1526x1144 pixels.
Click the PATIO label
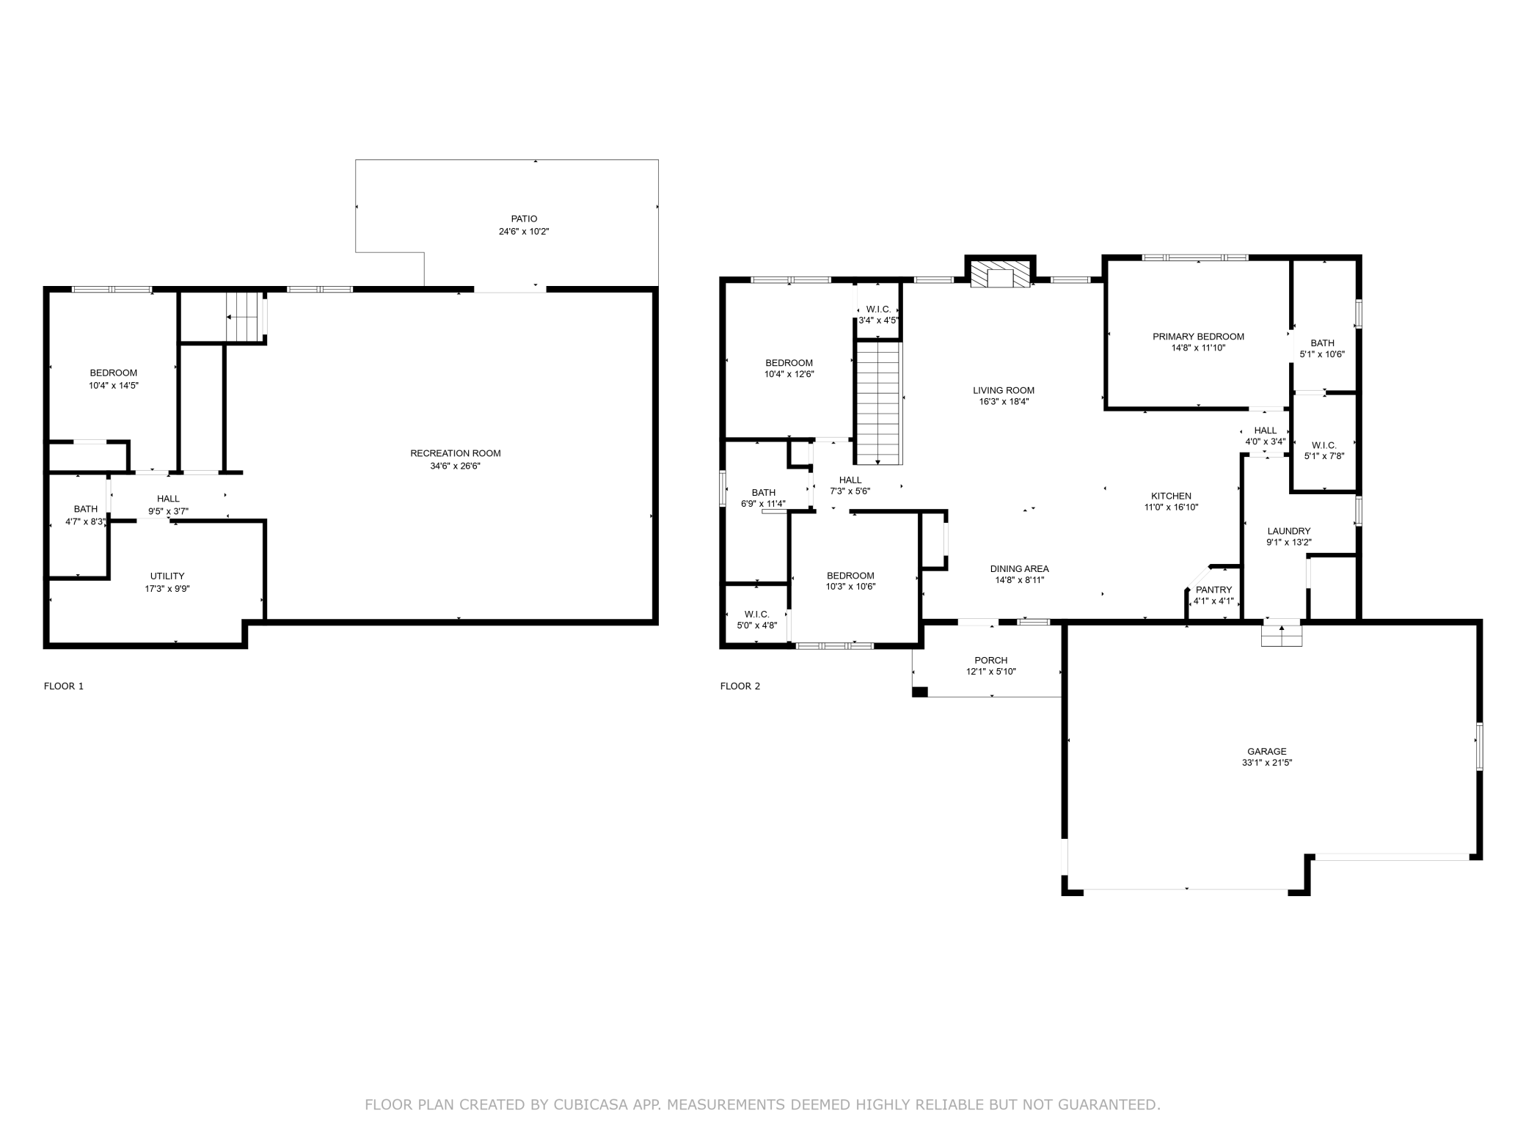tap(524, 219)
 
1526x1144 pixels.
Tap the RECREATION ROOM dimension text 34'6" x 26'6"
tap(455, 466)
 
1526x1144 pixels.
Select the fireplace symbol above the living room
tap(999, 276)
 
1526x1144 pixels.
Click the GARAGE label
tap(1267, 751)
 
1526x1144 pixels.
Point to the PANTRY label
tap(1213, 590)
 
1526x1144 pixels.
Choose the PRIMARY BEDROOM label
tap(1198, 337)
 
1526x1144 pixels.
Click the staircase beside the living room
tap(878, 403)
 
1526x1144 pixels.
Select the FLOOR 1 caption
tap(64, 686)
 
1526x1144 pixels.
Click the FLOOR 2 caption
tap(740, 686)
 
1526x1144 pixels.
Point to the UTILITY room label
tap(167, 576)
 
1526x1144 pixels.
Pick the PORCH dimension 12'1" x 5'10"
tap(990, 672)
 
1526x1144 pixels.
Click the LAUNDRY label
tap(1289, 531)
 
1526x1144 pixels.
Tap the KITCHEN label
tap(1171, 496)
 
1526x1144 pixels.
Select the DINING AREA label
tap(1019, 568)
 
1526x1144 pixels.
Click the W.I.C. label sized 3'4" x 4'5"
tap(878, 309)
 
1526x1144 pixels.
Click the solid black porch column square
tap(920, 692)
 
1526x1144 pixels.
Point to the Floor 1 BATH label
tap(86, 509)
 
